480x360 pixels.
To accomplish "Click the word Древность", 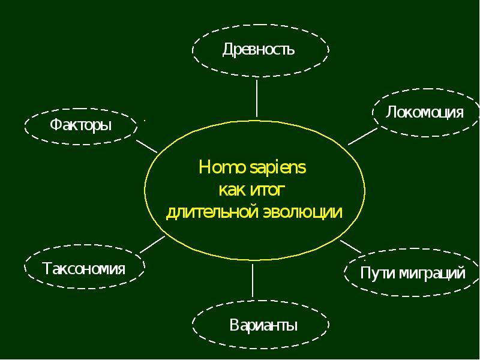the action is click(259, 49).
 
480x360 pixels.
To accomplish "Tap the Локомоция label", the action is click(424, 112).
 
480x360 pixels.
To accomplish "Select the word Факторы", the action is click(81, 125).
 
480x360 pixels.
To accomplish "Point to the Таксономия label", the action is click(84, 268).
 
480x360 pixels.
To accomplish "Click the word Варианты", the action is click(263, 325).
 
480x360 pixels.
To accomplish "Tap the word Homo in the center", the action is click(223, 167).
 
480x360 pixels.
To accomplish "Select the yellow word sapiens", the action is click(278, 168).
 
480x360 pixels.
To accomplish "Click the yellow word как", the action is click(232, 190).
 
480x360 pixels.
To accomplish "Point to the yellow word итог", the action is click(268, 190).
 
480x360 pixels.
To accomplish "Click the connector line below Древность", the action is click(257, 98).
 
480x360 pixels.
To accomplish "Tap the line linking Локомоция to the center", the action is click(363, 136).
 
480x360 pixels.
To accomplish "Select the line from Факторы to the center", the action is click(146, 146).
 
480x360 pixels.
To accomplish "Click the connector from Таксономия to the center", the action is click(152, 245).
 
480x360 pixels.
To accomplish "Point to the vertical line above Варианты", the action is click(253, 280).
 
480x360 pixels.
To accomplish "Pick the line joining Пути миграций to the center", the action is click(351, 247).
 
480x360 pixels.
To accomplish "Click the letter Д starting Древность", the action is click(228, 50).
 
